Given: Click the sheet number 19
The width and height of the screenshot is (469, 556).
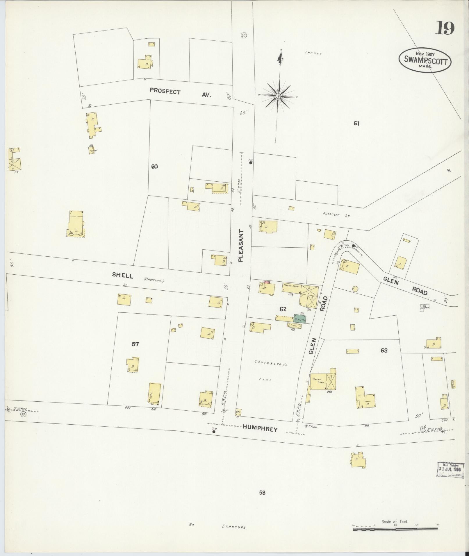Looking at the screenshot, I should click(445, 28).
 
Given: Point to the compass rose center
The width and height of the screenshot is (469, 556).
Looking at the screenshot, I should click(278, 96).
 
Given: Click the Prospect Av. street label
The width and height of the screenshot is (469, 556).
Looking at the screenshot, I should click(180, 93).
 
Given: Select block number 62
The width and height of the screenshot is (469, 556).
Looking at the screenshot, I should click(283, 309).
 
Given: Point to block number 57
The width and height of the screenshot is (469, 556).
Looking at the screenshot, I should click(135, 344).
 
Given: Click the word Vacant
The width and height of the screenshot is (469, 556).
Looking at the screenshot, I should click(313, 53).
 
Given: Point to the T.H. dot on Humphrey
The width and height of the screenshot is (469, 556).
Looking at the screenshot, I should click(214, 432).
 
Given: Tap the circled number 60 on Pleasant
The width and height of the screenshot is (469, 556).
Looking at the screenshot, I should click(244, 35).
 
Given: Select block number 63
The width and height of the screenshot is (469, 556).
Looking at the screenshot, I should click(384, 351).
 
